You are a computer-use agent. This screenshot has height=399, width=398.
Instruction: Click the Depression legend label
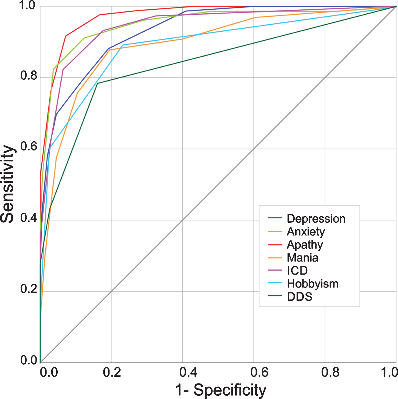tap(316, 219)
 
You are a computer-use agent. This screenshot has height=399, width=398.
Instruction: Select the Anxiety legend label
tap(306, 232)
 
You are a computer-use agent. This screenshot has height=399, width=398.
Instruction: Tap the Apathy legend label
tap(305, 245)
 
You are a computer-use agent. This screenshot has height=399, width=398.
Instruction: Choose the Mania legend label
tap(302, 258)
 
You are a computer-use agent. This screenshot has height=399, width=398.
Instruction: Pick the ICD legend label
tap(297, 271)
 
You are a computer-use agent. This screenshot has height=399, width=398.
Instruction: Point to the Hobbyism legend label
tap(313, 284)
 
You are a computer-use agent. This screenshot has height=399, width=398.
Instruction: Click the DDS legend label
tap(300, 297)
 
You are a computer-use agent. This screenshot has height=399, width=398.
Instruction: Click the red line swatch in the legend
tap(275, 245)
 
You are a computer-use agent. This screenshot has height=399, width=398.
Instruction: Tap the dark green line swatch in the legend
tap(275, 296)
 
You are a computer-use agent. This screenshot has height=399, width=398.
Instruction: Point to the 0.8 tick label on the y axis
tap(29, 75)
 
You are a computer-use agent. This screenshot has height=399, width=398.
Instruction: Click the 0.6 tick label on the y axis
tap(29, 147)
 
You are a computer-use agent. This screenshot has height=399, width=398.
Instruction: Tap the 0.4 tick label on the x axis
tap(188, 372)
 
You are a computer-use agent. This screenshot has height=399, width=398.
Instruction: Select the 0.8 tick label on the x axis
tap(330, 372)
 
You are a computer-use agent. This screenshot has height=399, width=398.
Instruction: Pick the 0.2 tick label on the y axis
tap(29, 289)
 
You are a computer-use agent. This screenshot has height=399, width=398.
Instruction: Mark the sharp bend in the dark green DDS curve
tap(97, 83)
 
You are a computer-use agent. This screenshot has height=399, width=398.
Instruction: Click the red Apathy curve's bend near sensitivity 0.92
tap(66, 36)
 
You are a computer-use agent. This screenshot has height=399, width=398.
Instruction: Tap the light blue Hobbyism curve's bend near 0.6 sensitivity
tap(50, 148)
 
